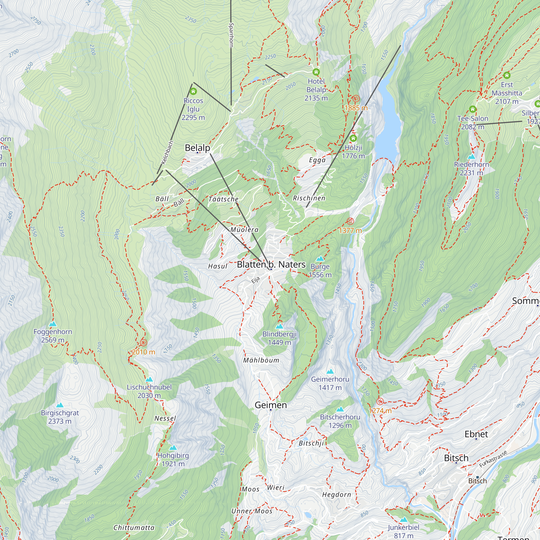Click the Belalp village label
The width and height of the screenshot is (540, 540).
pyautogui.click(x=197, y=148)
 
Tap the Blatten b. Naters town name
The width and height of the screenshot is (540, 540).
pyautogui.click(x=271, y=264)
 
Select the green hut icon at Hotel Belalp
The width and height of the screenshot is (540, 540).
pyautogui.click(x=316, y=72)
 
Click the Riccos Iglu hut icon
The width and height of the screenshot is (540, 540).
pyautogui.click(x=193, y=92)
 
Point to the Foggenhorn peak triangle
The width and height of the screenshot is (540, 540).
pyautogui.click(x=53, y=324)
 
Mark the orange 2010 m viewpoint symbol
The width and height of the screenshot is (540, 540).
pyautogui.click(x=143, y=342)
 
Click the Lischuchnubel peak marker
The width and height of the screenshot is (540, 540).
pyautogui.click(x=149, y=379)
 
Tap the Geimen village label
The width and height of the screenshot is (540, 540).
pyautogui.click(x=271, y=405)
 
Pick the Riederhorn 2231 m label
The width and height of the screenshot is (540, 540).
pyautogui.click(x=471, y=168)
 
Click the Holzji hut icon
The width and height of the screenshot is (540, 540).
pyautogui.click(x=353, y=138)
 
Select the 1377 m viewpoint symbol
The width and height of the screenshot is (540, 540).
pyautogui.click(x=350, y=221)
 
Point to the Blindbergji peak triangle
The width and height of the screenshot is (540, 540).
pyautogui.click(x=279, y=326)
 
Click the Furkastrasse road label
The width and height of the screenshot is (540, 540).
pyautogui.click(x=493, y=459)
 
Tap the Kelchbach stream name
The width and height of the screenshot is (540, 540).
pyautogui.click(x=167, y=153)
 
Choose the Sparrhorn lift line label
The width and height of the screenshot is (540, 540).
pyautogui.click(x=231, y=35)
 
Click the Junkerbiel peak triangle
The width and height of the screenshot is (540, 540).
pyautogui.click(x=403, y=519)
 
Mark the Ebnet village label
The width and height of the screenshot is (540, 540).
pyautogui.click(x=476, y=434)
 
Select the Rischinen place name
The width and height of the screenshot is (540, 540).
pyautogui.click(x=309, y=198)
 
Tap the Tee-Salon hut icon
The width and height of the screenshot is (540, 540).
pyautogui.click(x=472, y=109)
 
